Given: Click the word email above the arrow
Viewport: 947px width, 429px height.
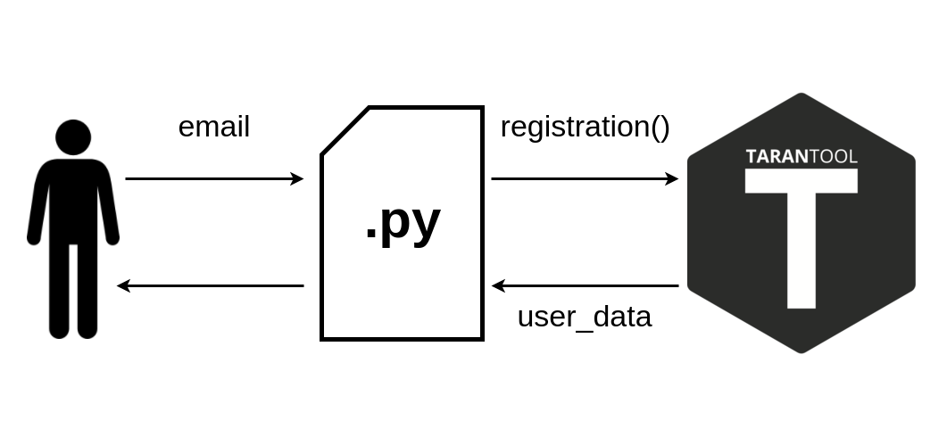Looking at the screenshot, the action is (214, 127).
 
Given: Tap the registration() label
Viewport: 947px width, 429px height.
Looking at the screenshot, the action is (586, 128).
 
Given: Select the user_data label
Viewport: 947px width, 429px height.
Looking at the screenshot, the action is (585, 317).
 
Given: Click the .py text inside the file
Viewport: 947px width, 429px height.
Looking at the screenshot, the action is (403, 223).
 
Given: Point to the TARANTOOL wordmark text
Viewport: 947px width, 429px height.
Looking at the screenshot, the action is (802, 157).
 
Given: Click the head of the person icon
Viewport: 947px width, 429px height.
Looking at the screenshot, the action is (73, 137).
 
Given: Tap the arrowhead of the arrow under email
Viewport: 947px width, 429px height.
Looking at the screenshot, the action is (297, 178).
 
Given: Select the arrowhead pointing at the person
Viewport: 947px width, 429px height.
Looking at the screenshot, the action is (123, 285).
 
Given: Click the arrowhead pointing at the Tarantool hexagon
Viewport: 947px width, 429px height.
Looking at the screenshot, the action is (671, 178).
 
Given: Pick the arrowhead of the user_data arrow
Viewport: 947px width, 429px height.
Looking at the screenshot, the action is (498, 285).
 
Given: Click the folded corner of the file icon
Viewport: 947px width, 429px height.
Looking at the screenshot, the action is (345, 131).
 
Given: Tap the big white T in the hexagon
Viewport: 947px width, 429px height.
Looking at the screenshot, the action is (802, 238).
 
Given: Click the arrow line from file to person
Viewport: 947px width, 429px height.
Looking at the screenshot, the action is (210, 285).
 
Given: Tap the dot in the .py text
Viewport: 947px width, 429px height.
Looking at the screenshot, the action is (371, 236).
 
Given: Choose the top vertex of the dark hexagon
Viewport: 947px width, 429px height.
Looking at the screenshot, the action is (802, 93).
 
